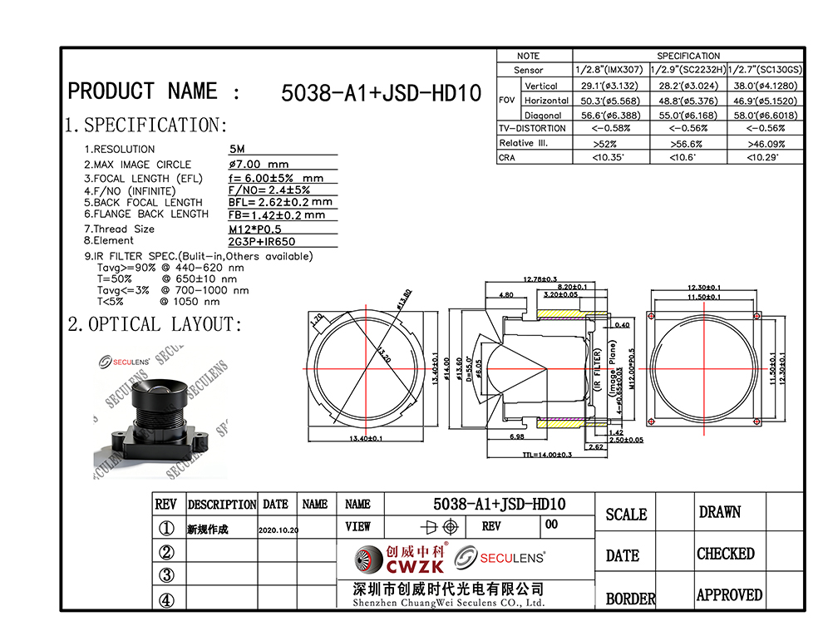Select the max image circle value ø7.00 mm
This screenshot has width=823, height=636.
(x=259, y=164)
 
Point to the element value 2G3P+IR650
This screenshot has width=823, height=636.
(x=262, y=242)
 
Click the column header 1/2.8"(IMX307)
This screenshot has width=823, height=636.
(x=611, y=70)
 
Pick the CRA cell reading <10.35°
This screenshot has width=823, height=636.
(x=611, y=157)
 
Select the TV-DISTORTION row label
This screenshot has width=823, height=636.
(x=532, y=129)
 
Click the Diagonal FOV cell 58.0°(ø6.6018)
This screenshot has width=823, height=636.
(x=765, y=115)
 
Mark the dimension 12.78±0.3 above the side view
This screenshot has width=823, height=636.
(x=540, y=279)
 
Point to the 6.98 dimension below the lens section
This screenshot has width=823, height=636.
(x=515, y=436)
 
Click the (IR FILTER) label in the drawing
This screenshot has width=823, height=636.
(x=598, y=372)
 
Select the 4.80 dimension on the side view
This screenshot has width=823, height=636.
(x=505, y=294)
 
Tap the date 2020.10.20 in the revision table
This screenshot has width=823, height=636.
(x=278, y=530)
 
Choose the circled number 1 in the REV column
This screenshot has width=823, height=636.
(x=166, y=529)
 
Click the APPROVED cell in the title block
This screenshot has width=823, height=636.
(x=729, y=595)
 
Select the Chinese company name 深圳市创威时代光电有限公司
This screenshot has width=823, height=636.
(x=448, y=589)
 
